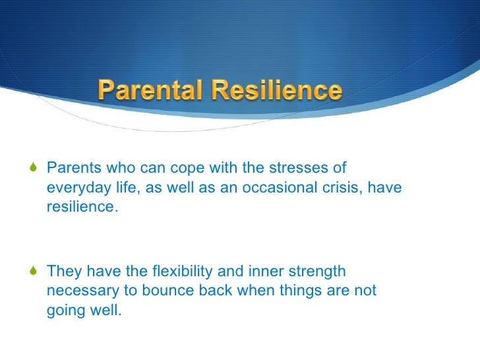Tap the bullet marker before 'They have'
34,272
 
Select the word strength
318,272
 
